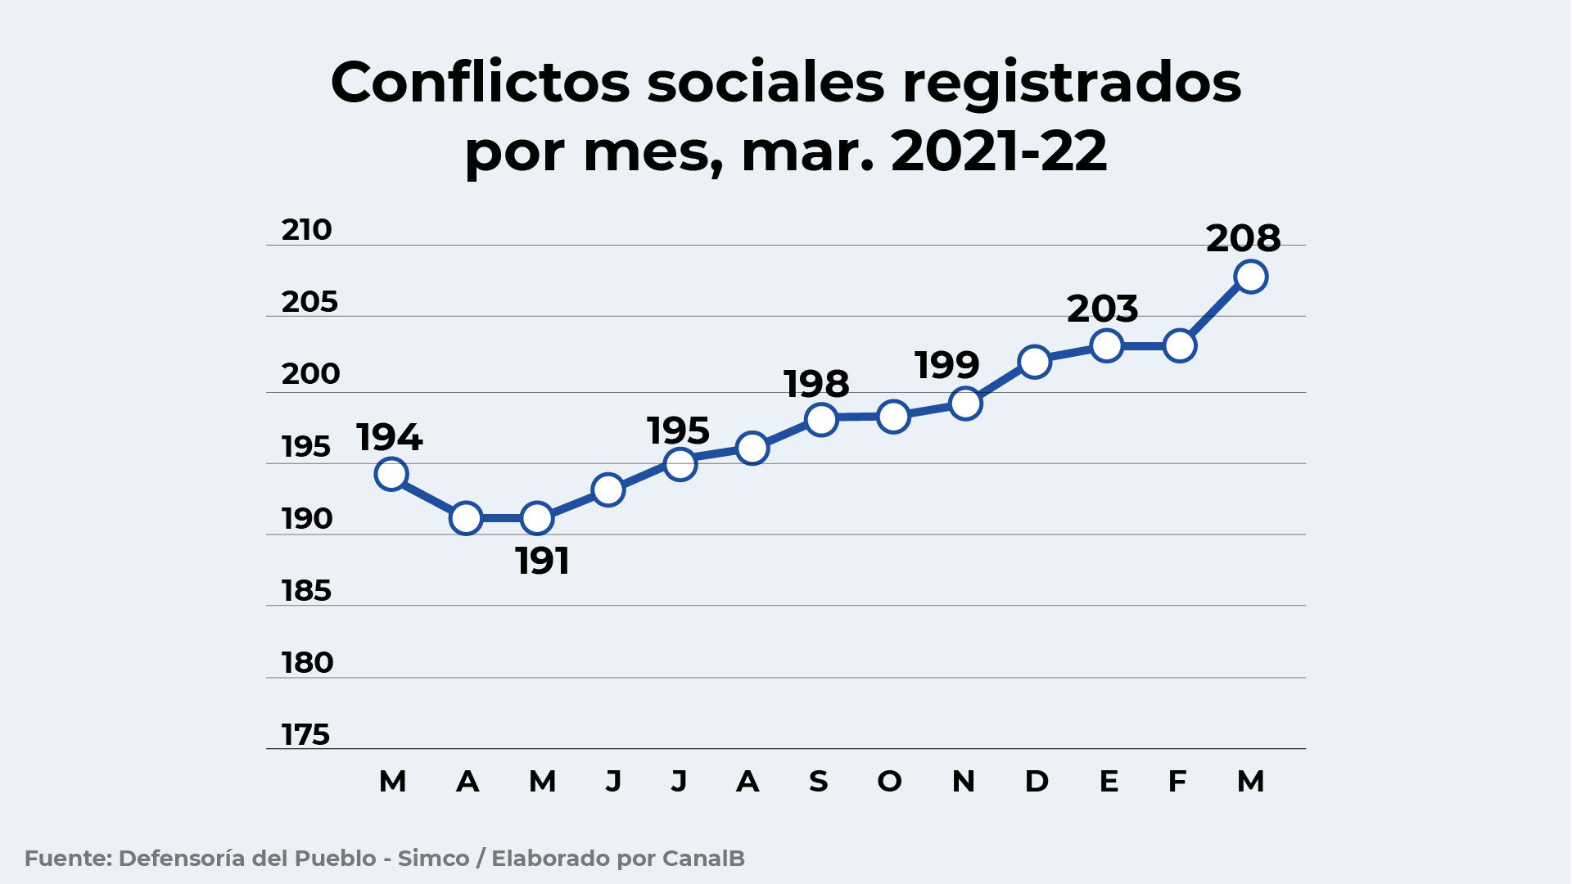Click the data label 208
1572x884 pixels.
click(x=1243, y=238)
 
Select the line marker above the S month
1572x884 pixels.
click(x=821, y=420)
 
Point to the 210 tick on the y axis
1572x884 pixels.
click(x=306, y=230)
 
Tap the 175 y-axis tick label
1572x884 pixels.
click(x=305, y=735)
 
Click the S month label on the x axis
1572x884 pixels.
click(x=818, y=782)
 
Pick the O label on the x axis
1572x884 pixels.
click(x=889, y=782)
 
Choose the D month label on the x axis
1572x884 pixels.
click(x=1036, y=782)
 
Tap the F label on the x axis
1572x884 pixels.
click(x=1177, y=782)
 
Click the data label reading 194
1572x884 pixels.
click(x=389, y=438)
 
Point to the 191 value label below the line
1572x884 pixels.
click(x=542, y=562)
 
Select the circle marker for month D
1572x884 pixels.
click(x=1034, y=362)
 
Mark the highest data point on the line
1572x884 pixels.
click(x=1250, y=277)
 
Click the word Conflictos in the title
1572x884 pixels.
click(x=480, y=83)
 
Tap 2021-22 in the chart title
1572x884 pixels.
click(x=998, y=151)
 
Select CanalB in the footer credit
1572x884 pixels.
click(x=703, y=859)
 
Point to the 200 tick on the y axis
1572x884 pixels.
click(x=310, y=374)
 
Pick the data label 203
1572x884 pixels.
click(x=1102, y=309)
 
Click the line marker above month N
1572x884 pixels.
click(x=965, y=404)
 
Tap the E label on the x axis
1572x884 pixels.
click(x=1108, y=782)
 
